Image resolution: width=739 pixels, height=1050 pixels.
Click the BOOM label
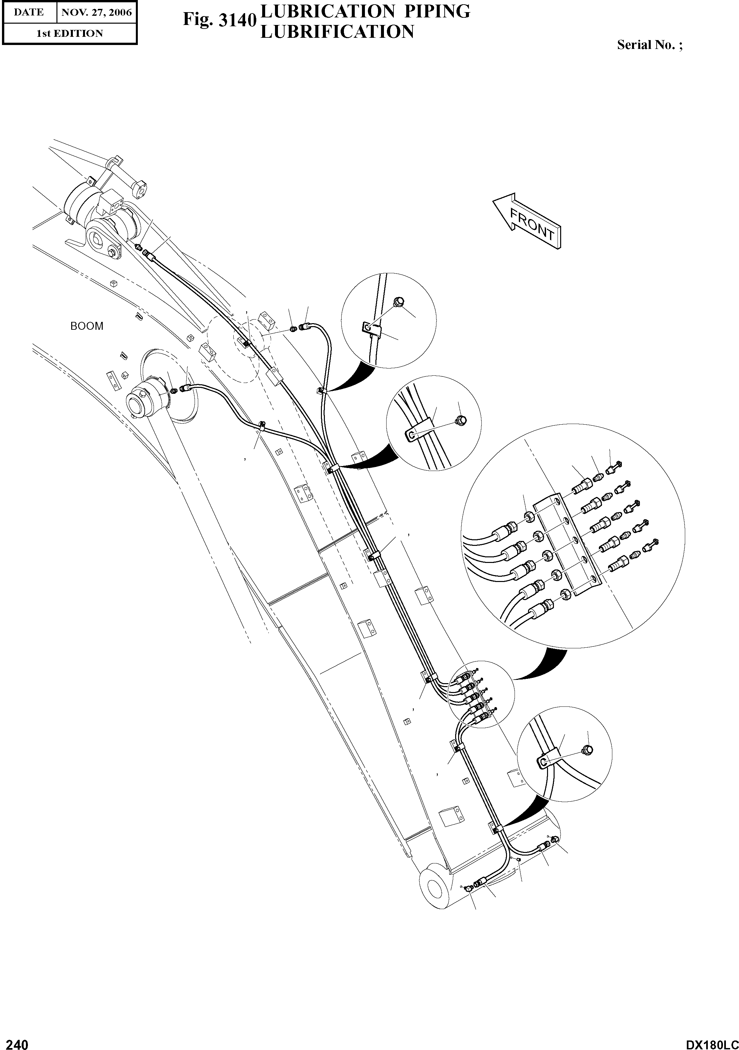(x=87, y=326)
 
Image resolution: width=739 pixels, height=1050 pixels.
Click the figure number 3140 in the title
(x=219, y=20)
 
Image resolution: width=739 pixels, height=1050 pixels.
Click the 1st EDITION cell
(x=70, y=34)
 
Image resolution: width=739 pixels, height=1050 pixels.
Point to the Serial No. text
(x=649, y=45)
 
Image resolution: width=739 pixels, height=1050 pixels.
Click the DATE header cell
(x=29, y=12)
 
